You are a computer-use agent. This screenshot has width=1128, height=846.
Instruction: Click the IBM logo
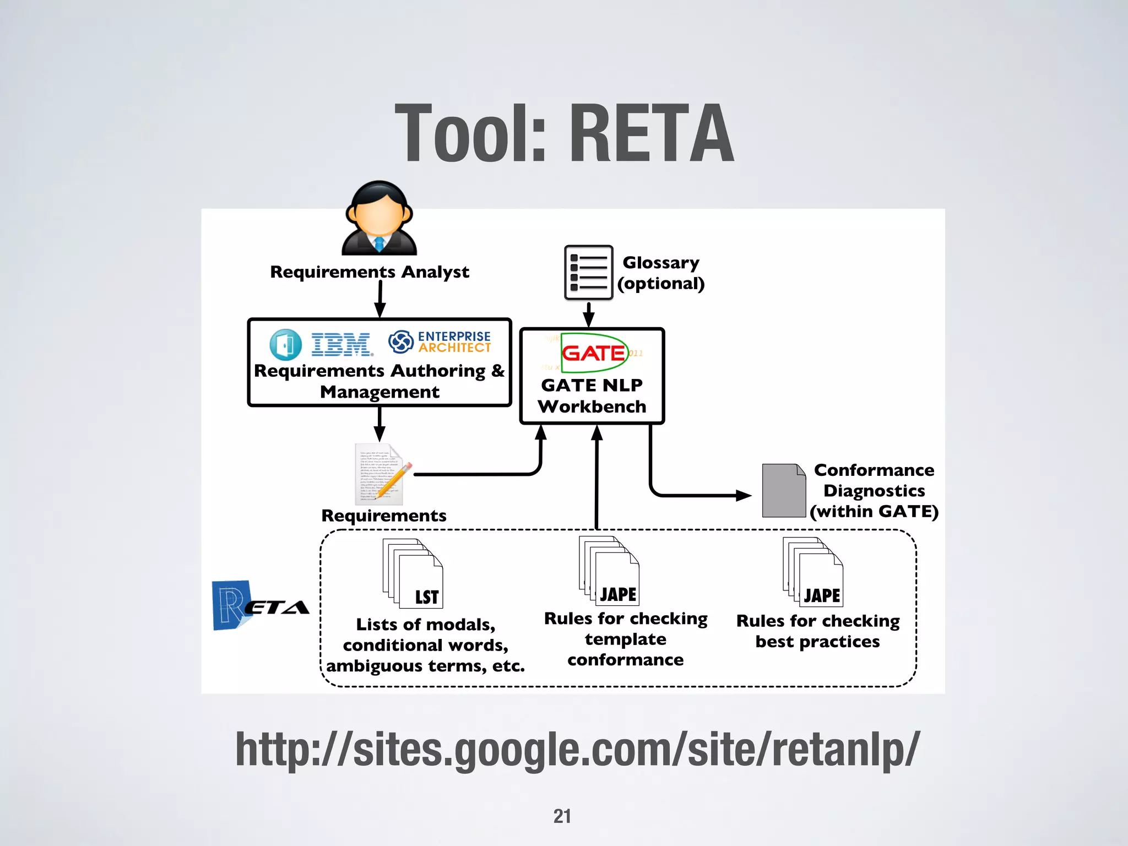[341, 345]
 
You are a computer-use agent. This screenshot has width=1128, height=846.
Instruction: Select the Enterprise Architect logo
[440, 342]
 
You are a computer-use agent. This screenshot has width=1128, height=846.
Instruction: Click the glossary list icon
[588, 273]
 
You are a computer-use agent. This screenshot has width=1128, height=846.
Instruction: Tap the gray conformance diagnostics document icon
[783, 490]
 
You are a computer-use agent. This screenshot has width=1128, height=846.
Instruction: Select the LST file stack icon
[413, 573]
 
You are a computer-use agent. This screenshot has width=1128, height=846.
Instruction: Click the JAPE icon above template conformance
[609, 571]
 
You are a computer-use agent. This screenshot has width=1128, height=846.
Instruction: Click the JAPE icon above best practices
[813, 572]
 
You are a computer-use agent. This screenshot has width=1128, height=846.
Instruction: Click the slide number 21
[562, 816]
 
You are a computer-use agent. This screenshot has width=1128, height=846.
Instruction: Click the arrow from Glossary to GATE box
[588, 314]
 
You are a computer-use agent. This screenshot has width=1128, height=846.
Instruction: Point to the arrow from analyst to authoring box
[379, 300]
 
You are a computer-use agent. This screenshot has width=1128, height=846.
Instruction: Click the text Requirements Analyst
[370, 272]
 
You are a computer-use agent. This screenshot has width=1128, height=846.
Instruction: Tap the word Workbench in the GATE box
[592, 406]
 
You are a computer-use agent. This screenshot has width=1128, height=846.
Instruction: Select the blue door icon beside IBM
[285, 345]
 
